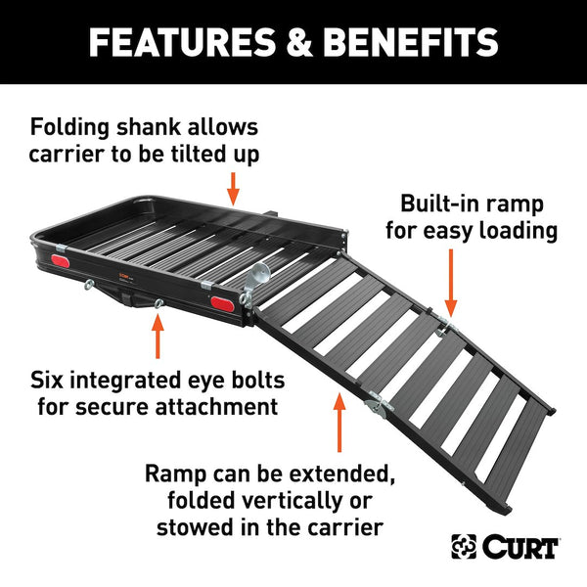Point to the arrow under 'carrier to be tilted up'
tap(233, 185)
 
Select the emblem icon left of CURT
tap(465, 547)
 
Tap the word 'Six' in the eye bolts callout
tap(50, 378)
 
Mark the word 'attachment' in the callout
tap(227, 405)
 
